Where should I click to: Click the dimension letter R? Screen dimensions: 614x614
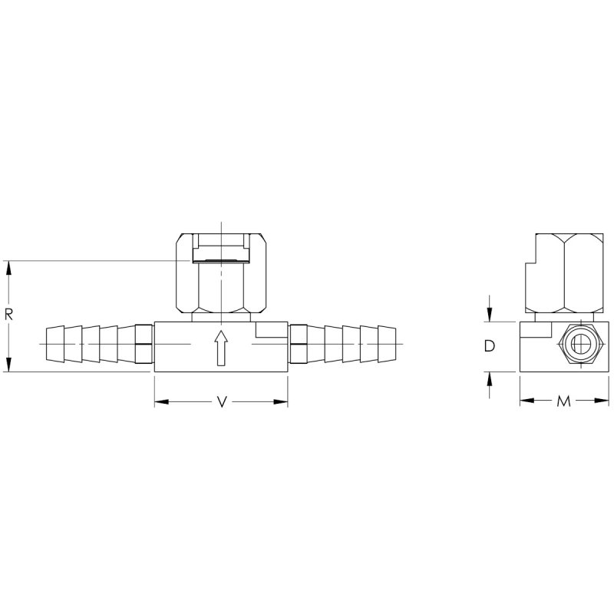point(8,315)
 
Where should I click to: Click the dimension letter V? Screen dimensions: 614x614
point(221,401)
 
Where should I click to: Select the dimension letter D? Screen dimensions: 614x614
point(489,346)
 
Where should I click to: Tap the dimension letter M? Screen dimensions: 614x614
point(564,401)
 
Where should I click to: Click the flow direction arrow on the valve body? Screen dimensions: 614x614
point(221,347)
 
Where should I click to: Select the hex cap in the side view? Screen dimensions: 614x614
point(564,276)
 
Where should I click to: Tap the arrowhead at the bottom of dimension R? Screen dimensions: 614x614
point(8,366)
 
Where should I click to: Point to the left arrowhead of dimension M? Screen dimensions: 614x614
point(526,401)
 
